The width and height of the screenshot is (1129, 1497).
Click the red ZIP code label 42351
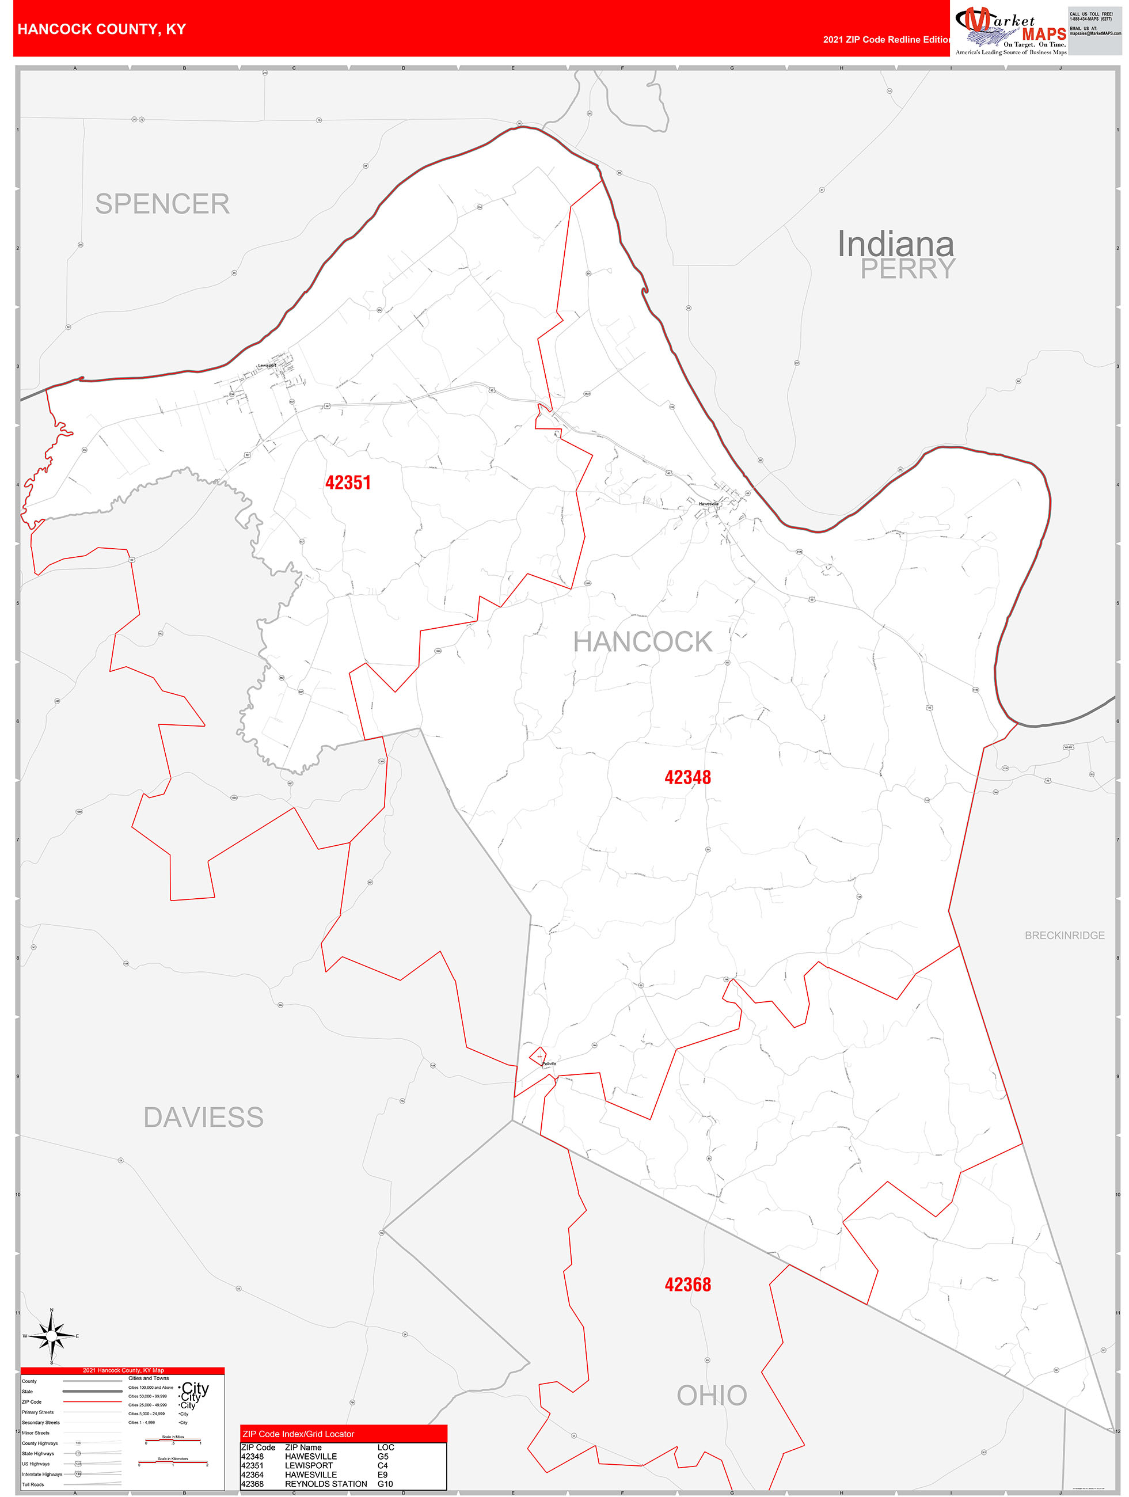348,482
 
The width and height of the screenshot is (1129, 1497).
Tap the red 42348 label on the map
687,777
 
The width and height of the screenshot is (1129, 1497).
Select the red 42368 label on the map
687,1285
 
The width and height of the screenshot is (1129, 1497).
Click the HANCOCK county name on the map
643,641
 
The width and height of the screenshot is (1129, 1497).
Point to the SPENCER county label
162,204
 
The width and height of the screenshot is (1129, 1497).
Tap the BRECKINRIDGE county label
1064,935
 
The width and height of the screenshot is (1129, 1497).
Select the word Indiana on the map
895,244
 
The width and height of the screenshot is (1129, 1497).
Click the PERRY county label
908,269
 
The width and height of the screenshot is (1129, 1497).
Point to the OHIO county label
712,1396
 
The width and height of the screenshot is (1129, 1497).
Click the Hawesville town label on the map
709,504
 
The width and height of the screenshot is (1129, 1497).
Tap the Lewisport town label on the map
267,366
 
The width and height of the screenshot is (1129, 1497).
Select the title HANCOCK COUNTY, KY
101,29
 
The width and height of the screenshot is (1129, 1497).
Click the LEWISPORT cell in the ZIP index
309,1465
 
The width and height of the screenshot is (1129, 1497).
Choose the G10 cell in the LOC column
385,1484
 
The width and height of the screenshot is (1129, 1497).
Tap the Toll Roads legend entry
33,1484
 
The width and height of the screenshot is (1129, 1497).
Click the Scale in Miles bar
173,1441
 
